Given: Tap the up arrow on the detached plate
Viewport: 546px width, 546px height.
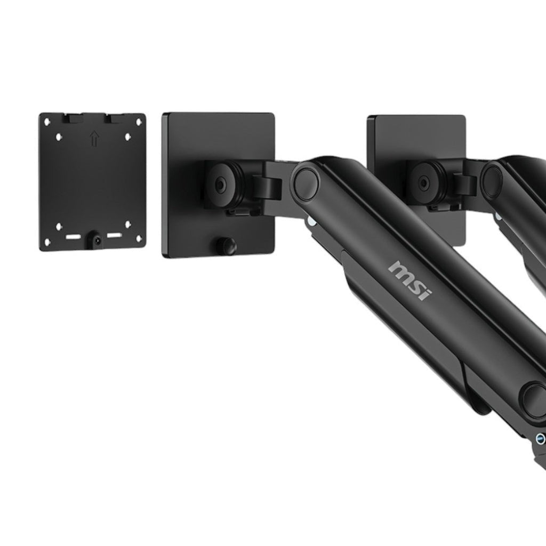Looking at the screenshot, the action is click(x=94, y=139).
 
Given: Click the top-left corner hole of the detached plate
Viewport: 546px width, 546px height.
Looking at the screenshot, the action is click(x=47, y=122).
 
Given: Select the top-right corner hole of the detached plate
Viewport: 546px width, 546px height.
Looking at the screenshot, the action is click(x=139, y=122).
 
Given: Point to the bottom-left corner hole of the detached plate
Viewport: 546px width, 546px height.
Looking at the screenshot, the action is click(x=47, y=240).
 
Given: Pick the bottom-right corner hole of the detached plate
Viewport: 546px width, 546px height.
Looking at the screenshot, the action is click(x=139, y=239).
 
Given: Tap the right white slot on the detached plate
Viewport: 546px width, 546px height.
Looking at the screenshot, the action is click(x=114, y=236).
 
